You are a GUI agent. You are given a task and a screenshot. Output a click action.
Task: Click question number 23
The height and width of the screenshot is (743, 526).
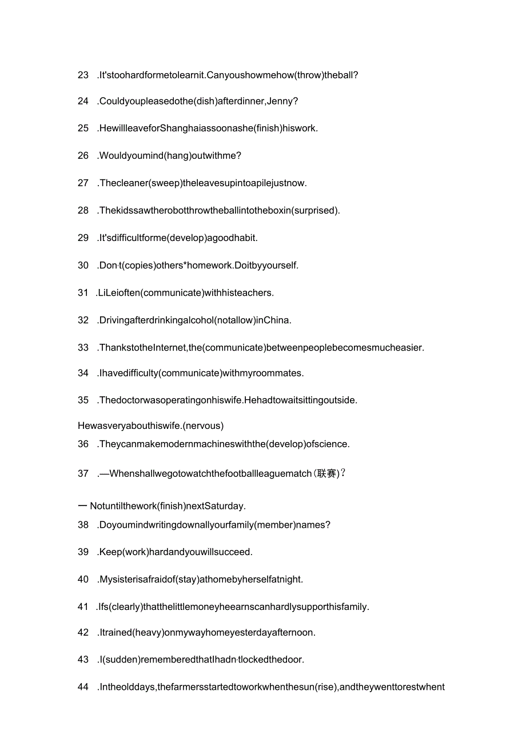83,75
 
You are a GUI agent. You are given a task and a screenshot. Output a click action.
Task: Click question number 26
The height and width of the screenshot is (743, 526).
83,155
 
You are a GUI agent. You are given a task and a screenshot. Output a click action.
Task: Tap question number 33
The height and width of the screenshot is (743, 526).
83,347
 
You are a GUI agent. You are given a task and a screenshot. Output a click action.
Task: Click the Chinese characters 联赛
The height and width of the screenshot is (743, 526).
326,473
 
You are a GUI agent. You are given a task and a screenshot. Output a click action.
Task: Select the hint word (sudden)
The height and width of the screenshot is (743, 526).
123,660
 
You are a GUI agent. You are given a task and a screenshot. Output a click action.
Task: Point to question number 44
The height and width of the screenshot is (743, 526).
83,687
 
